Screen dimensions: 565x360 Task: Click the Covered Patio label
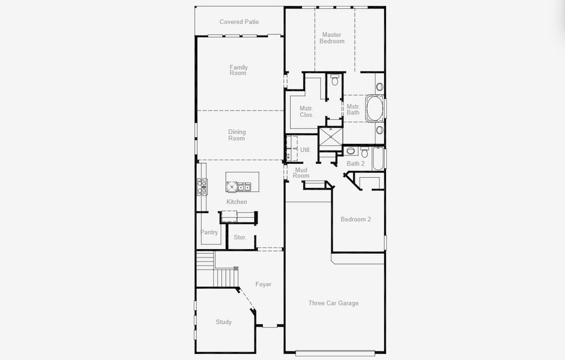(239, 22)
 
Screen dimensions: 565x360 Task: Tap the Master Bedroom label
(332, 38)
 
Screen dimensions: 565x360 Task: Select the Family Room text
(238, 70)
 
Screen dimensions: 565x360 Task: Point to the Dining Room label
(237, 135)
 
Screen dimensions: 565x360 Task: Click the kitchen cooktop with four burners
(202, 187)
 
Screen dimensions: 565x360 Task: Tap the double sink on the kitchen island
(244, 187)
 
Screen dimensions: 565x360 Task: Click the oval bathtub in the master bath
(375, 108)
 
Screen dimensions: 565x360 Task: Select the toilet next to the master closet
(335, 80)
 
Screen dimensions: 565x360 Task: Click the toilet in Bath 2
(364, 152)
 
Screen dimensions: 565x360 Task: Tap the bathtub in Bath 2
(378, 158)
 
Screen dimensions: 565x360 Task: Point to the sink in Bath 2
(351, 151)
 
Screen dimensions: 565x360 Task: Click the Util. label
(305, 150)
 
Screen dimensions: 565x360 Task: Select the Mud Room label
(301, 173)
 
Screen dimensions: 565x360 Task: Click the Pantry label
(210, 232)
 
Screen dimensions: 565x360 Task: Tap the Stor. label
(240, 237)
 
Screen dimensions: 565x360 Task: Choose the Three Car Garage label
(333, 303)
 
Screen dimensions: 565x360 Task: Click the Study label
(224, 322)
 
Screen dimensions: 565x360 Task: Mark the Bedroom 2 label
(355, 219)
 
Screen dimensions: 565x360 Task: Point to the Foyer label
(264, 284)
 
